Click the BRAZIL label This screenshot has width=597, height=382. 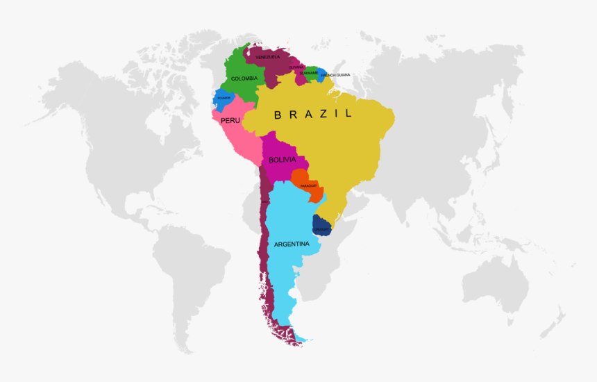tap(313, 114)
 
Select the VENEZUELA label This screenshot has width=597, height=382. tap(268, 56)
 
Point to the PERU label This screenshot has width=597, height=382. tap(230, 120)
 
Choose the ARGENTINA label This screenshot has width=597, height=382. tap(292, 244)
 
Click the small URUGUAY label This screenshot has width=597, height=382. tap(321, 229)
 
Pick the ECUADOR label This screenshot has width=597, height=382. tap(224, 98)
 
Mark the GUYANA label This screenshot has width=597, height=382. tap(296, 67)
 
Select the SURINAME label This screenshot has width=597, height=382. tap(309, 72)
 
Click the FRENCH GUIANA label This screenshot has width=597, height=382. tap(336, 74)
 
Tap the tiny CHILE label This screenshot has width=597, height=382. tap(264, 202)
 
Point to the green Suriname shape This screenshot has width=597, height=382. tap(310, 76)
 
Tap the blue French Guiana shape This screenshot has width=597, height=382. tap(321, 74)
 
